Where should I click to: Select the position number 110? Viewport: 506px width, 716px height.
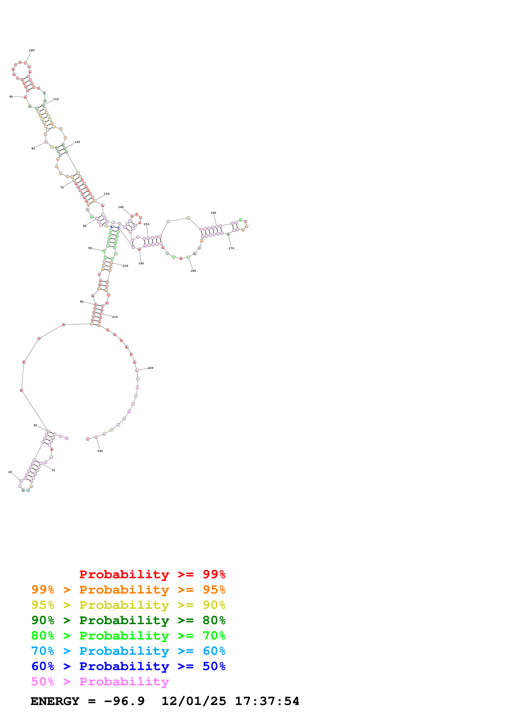(56, 99)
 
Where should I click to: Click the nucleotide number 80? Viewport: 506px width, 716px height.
(33, 148)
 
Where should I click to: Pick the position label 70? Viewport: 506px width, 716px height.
(62, 187)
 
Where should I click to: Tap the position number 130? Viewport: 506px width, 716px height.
(107, 194)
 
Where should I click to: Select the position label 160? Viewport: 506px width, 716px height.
(213, 213)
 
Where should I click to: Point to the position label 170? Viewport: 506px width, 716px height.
(231, 248)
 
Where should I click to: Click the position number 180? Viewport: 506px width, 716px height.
(193, 271)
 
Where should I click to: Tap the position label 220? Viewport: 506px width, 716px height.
(151, 368)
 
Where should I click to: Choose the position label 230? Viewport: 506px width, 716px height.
(100, 451)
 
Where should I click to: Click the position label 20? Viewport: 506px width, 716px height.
(10, 472)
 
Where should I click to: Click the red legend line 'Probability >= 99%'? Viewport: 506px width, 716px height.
(152, 574)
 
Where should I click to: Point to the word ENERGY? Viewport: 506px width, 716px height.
(55, 701)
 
